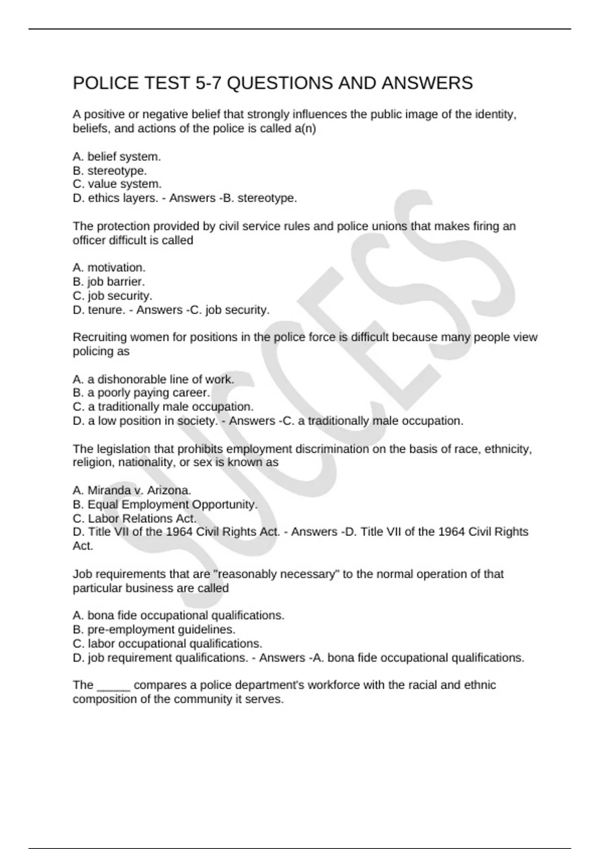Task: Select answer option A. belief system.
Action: (116, 157)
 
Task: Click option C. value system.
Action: (117, 184)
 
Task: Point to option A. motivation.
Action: (109, 268)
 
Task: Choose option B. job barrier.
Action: (108, 282)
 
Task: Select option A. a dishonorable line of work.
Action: (153, 380)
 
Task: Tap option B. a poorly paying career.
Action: (141, 393)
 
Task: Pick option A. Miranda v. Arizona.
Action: (132, 490)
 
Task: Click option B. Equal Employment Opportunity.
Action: (165, 504)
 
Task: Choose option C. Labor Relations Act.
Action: (134, 518)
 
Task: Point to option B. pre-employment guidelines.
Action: (154, 630)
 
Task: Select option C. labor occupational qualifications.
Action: (167, 644)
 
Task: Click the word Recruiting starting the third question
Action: (98, 338)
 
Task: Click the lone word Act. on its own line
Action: (83, 546)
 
